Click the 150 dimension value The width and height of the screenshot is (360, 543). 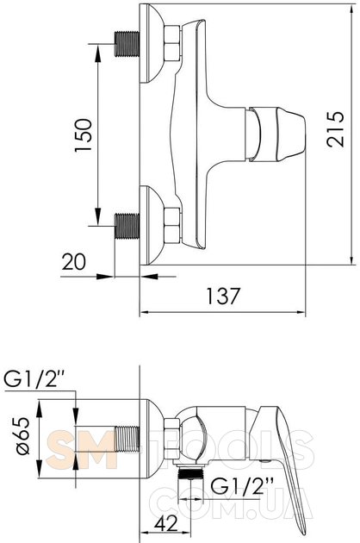point(83,134)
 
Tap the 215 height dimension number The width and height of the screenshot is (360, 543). point(335,128)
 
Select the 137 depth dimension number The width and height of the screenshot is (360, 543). point(223,296)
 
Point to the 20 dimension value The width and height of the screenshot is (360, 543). point(74,261)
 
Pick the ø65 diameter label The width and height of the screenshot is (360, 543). point(23,435)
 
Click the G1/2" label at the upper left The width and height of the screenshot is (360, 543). point(34,379)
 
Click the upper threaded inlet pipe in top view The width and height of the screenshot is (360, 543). point(127,44)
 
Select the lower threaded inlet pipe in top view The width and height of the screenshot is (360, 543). point(127,226)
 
